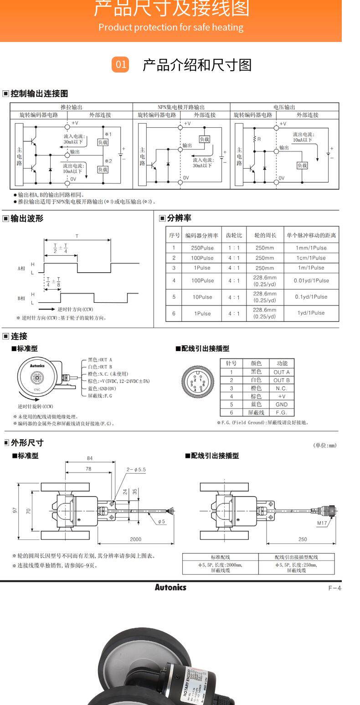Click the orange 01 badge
click(x=120, y=65)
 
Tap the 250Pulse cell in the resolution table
click(x=202, y=248)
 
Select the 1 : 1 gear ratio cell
click(x=234, y=248)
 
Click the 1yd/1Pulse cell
click(x=311, y=313)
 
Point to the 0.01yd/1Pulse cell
click(x=311, y=280)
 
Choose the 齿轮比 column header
click(x=234, y=235)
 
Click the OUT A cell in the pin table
click(x=282, y=372)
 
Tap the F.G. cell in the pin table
click(x=282, y=412)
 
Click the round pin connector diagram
click(x=196, y=382)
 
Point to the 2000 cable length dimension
click(x=136, y=539)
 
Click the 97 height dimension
click(x=15, y=511)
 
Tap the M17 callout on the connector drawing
click(x=322, y=523)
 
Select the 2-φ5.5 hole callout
click(x=136, y=469)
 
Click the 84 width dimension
click(x=90, y=458)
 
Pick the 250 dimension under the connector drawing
click(x=303, y=539)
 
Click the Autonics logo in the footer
click(x=170, y=587)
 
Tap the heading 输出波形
click(x=27, y=218)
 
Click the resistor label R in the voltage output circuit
click(x=259, y=139)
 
